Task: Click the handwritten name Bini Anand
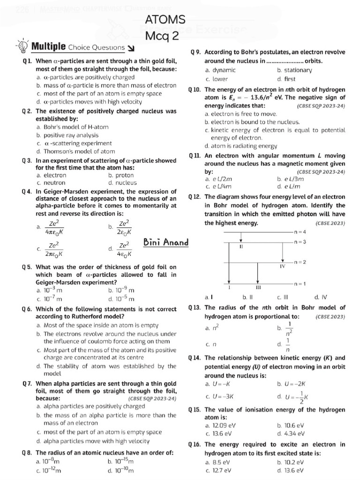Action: pyautogui.click(x=166, y=242)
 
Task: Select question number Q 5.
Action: pyautogui.click(x=27, y=267)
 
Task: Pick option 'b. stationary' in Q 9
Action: pyautogui.click(x=294, y=70)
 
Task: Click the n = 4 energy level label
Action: pyautogui.click(x=300, y=232)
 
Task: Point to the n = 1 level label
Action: pyautogui.click(x=300, y=284)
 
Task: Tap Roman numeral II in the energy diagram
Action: pyautogui.click(x=240, y=246)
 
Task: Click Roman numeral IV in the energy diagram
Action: pyautogui.click(x=282, y=266)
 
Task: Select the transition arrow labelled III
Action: pyautogui.click(x=258, y=272)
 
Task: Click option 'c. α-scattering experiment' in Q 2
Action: pyautogui.click(x=74, y=143)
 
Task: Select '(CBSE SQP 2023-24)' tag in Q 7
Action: pyautogui.click(x=151, y=398)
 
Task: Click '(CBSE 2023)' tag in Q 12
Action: pyautogui.click(x=330, y=223)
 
